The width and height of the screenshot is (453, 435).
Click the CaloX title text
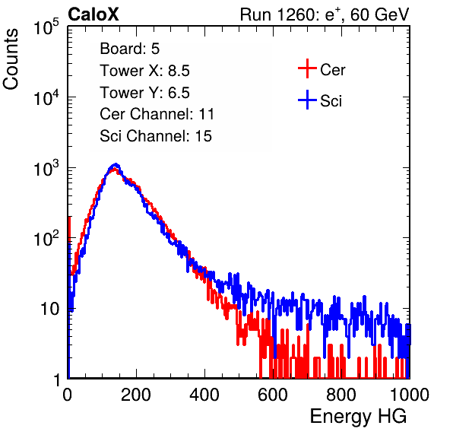click(93, 14)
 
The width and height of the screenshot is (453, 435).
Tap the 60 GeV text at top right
click(379, 14)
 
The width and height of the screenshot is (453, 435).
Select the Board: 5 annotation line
click(130, 49)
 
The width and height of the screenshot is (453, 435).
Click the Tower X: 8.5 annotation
click(144, 71)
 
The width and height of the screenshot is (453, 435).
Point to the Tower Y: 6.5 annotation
click(144, 93)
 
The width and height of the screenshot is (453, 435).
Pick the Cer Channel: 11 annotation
click(157, 114)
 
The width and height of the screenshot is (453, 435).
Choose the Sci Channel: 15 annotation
click(156, 136)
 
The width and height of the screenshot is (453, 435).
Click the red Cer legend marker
click(307, 68)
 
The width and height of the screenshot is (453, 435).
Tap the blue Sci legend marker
click(307, 100)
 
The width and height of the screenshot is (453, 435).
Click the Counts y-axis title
click(11, 59)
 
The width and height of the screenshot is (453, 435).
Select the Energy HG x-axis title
click(358, 417)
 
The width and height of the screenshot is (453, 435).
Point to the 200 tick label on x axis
click(136, 395)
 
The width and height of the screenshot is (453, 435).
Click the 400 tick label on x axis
click(204, 395)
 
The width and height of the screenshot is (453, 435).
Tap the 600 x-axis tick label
click(273, 395)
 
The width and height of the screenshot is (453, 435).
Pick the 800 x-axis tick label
click(341, 395)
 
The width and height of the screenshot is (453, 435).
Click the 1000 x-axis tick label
click(410, 395)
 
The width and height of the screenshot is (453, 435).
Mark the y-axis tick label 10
click(49, 309)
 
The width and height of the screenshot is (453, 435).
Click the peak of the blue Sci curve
click(116, 164)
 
